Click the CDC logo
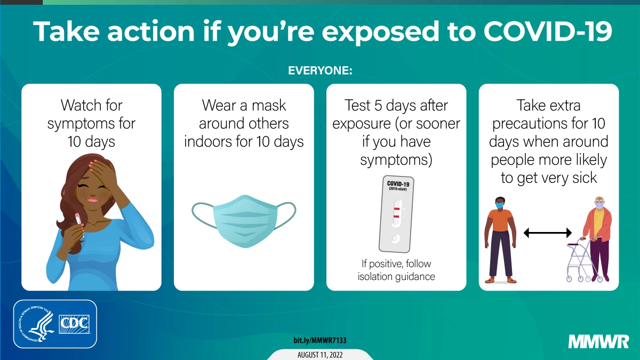pos(74,324)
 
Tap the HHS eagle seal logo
pos(35,324)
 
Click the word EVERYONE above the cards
pos(320,70)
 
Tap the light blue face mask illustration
pos(244,219)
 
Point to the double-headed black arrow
pos(547,233)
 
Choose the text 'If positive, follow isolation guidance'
pos(396,270)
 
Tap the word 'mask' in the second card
pos(268,105)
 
